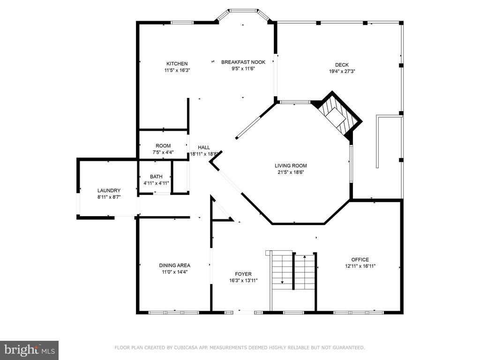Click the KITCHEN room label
point(177,64)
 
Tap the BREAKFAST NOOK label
point(243,62)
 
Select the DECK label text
point(342,65)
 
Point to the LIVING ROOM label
point(291,165)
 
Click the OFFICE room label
point(360,260)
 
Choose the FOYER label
point(243,274)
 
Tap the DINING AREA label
point(174,265)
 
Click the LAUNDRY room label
point(109,190)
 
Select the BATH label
point(156,177)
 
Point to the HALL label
point(204,148)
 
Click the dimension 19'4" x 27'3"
point(342,71)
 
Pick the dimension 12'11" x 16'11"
point(360,266)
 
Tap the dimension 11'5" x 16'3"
point(177,70)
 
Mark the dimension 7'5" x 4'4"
point(163,152)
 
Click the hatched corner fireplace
point(337,115)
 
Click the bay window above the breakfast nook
point(243,14)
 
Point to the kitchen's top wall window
point(182,22)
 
